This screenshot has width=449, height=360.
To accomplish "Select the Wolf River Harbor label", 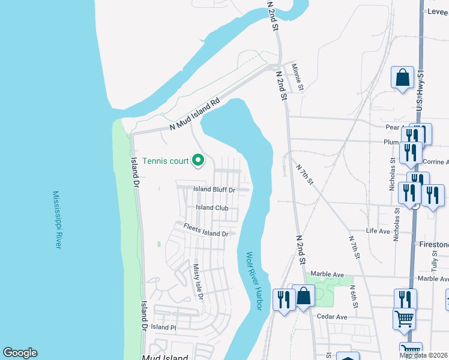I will pos(254,280).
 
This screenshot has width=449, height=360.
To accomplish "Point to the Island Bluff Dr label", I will pos(213,190).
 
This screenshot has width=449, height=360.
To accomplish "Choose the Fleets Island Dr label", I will pos(206,230).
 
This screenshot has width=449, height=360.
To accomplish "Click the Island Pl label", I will pos(163,328).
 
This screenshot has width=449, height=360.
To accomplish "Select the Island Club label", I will pos(212,208).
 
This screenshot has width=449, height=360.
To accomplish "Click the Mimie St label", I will pos(298,79).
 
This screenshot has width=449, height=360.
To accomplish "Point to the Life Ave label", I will pos(378,231).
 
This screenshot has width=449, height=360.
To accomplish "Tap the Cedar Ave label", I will pos(333,317).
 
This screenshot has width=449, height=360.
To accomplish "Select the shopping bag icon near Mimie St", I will pos(402,78).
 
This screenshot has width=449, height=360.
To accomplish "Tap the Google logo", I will pos(20,353).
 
